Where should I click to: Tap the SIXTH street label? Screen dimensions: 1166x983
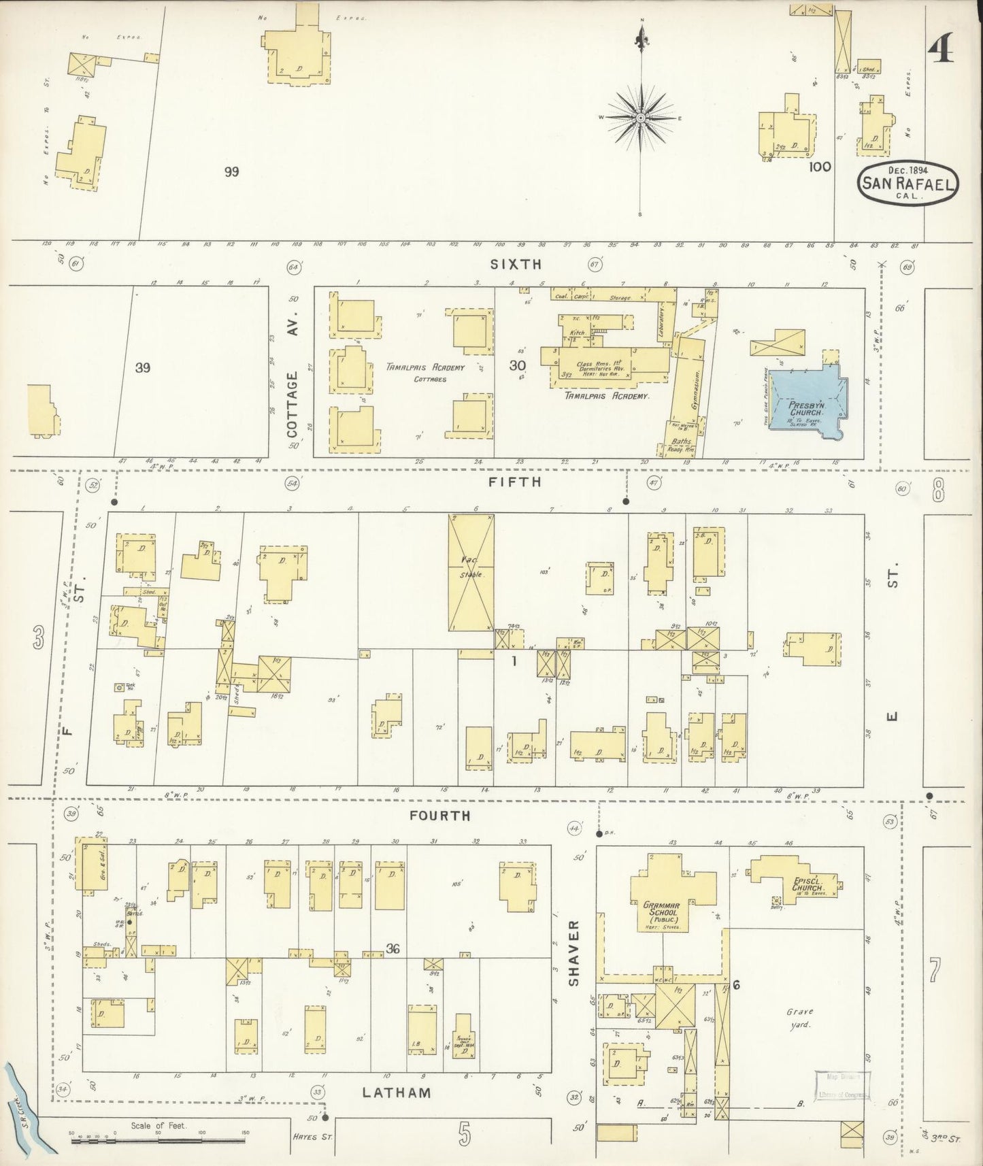[516, 264]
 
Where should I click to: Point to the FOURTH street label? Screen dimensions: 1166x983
[440, 815]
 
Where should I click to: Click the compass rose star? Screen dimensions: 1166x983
[640, 118]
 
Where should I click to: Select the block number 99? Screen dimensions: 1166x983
[232, 171]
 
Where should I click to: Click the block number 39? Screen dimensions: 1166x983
[142, 368]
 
